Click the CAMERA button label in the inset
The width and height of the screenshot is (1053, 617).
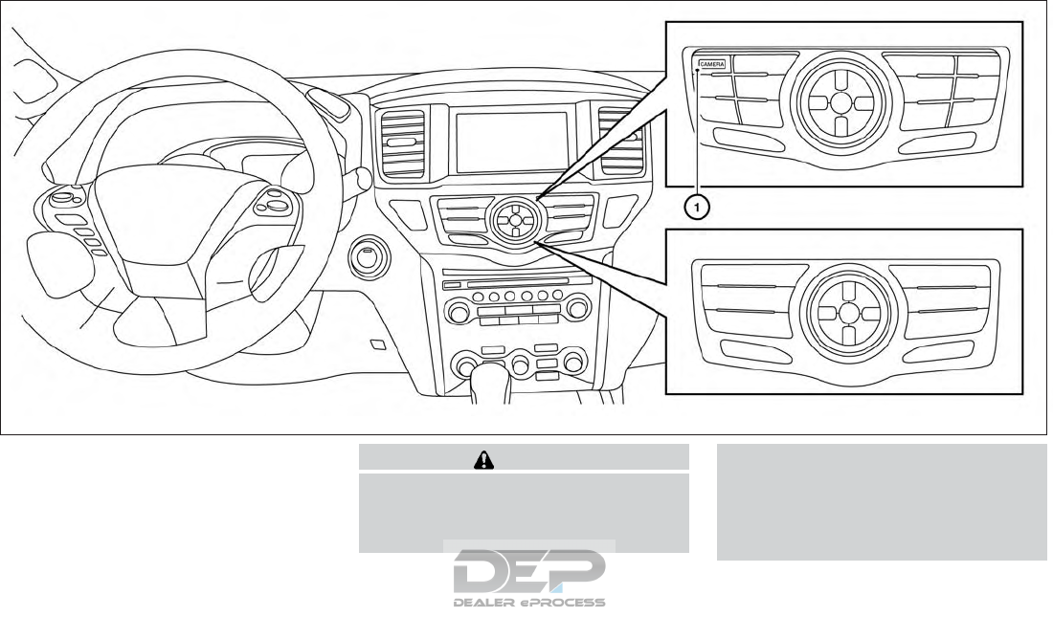point(711,63)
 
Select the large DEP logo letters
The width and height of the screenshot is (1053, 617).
point(529,572)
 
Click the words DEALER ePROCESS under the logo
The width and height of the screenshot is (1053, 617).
point(529,603)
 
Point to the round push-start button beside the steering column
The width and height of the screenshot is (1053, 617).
point(367,256)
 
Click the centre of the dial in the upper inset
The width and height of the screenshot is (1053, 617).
point(839,101)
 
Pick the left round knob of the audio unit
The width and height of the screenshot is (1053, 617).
point(459,312)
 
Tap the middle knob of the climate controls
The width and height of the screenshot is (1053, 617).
point(520,364)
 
